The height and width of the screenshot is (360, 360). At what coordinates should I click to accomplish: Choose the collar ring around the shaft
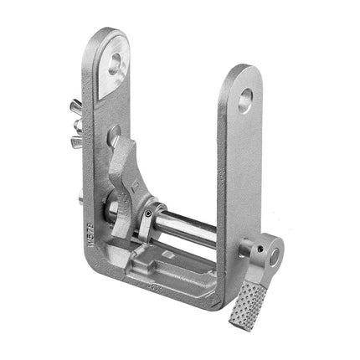point(150,219)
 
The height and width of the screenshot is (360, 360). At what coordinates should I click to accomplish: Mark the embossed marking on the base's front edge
point(159,288)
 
